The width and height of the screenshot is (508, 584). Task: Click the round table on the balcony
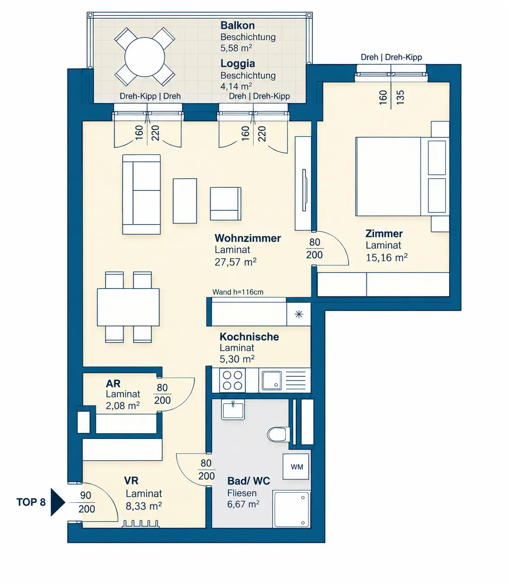145,57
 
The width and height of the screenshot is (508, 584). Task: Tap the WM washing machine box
296,466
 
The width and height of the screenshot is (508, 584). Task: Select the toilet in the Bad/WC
278,435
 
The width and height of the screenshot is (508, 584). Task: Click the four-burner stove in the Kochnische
232,380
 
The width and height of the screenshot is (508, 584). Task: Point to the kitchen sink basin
271,380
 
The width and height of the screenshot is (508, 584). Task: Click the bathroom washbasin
233,410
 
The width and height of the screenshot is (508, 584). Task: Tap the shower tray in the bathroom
291,509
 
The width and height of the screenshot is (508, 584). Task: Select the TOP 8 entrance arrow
58,502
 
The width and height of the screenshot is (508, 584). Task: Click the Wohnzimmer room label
247,238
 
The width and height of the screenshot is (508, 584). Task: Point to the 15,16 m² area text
386,258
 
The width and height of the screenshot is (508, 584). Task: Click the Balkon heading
238,25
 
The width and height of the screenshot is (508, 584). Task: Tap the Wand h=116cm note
238,292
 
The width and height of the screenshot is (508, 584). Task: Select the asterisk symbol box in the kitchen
299,315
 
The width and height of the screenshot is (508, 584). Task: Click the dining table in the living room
128,307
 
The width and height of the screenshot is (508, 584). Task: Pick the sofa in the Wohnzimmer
142,194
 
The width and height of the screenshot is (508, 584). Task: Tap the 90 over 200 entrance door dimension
86,502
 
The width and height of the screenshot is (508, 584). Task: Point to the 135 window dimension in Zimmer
400,97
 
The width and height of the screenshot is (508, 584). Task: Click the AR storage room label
113,383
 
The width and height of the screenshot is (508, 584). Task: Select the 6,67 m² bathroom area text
243,504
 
